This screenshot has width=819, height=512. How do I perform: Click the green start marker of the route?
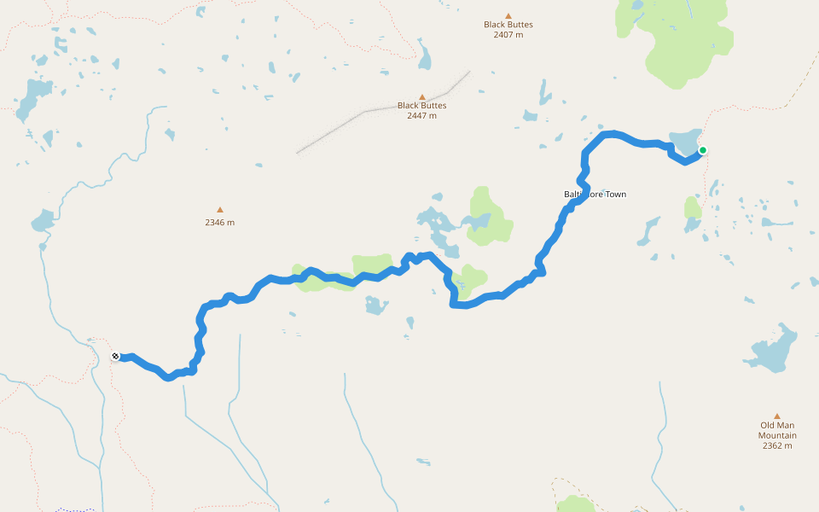pos(703,150)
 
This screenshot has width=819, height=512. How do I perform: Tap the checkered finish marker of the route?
pos(115,357)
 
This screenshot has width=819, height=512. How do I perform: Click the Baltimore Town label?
pos(595,195)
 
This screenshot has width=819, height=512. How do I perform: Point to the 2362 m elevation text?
pos(777,445)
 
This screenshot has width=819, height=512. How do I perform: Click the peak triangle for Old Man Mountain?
pos(777,416)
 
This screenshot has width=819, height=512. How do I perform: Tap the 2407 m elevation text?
pos(508,34)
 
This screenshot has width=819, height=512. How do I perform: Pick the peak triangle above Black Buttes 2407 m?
pos(508,15)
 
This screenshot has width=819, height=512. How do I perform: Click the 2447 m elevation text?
pos(421,115)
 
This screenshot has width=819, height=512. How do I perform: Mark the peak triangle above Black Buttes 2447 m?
pos(421,97)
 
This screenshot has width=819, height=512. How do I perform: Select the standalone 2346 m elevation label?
pos(219,223)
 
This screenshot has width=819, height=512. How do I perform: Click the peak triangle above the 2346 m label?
pos(219,209)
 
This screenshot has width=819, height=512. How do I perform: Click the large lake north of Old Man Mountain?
pos(775,350)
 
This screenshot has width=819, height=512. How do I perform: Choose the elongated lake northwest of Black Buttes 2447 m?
pos(424,56)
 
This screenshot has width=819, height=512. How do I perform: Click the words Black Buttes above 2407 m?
pos(508,24)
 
